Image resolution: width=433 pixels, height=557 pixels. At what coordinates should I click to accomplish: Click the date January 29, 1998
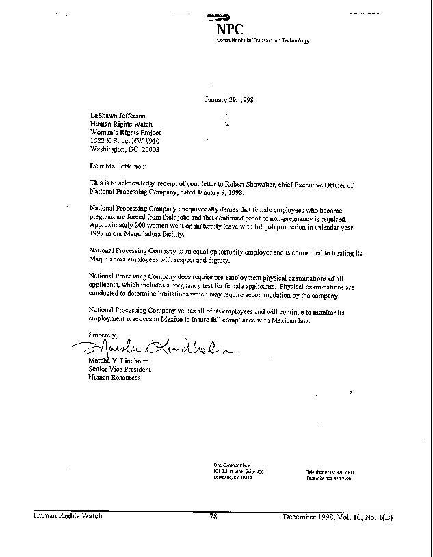229,99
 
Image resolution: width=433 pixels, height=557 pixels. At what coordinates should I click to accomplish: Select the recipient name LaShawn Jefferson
118,116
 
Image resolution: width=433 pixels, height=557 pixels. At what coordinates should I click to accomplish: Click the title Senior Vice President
120,370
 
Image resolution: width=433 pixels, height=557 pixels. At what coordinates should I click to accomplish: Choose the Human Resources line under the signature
115,378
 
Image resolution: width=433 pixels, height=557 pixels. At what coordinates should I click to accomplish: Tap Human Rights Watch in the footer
68,516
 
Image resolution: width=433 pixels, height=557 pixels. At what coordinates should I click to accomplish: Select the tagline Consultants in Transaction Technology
263,40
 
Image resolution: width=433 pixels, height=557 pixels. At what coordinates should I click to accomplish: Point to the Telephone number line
330,472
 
